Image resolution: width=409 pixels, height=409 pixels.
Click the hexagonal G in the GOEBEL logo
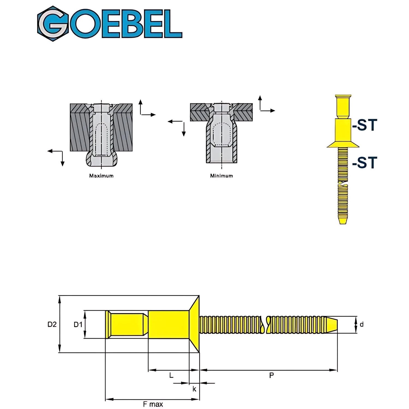[x=53, y=24]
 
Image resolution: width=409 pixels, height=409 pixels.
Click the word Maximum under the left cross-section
[x=101, y=176]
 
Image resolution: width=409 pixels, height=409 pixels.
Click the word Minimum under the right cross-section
[x=221, y=176]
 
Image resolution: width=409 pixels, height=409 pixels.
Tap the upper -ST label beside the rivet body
[x=365, y=125]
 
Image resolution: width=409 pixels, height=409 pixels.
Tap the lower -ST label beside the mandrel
[x=365, y=163]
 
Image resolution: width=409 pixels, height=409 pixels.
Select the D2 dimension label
[x=52, y=324]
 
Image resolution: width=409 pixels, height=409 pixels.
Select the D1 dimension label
[x=78, y=324]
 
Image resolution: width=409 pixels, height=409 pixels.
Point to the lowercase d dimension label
[x=362, y=324]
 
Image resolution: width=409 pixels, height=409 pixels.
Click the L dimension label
[x=171, y=375]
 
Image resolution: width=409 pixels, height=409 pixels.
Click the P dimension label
[x=271, y=375]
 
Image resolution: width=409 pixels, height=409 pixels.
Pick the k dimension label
[x=194, y=389]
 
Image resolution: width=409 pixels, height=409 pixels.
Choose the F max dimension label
[x=153, y=404]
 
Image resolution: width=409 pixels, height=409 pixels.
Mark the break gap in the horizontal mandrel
[x=265, y=324]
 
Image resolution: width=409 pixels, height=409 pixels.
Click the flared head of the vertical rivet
[x=343, y=145]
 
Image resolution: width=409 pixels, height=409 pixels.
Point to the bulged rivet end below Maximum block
[x=101, y=160]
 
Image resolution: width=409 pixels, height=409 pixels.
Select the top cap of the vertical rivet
[x=343, y=97]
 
